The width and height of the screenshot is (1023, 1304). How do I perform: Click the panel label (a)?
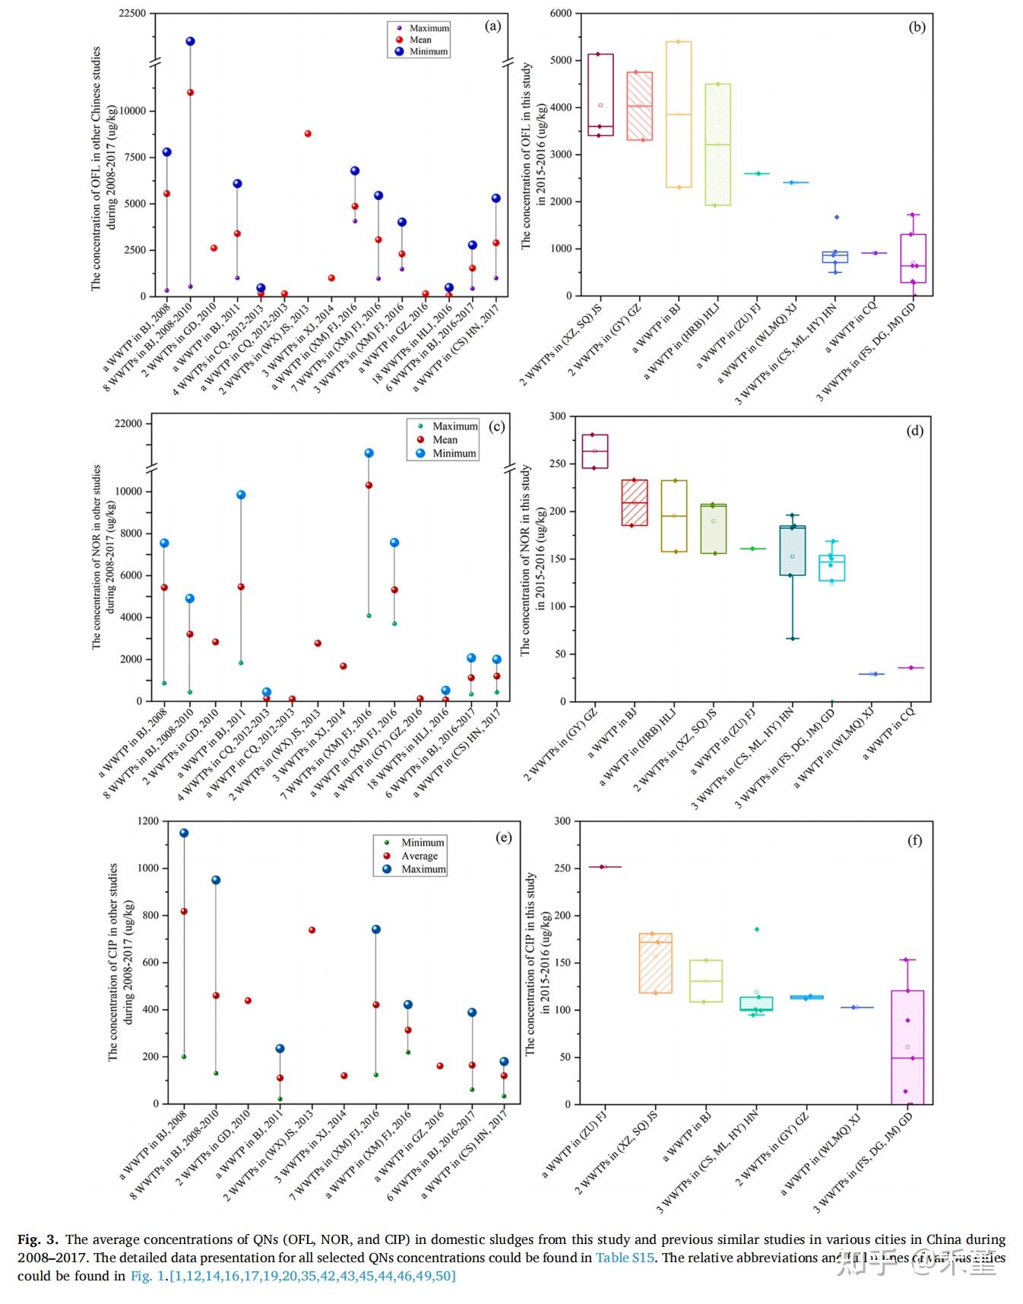point(492,26)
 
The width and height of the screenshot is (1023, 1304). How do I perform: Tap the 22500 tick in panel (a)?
point(132,14)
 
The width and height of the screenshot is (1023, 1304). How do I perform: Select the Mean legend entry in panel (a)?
point(420,40)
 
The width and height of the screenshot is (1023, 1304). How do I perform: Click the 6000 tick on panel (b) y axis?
point(561,14)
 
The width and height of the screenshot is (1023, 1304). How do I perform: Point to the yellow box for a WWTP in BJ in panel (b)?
point(677,114)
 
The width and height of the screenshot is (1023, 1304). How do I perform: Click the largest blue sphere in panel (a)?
point(190,41)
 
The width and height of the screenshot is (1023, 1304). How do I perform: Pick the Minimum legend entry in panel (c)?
point(454,454)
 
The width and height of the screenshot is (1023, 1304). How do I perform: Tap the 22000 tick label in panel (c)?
point(128,423)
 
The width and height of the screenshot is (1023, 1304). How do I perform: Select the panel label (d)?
point(914,431)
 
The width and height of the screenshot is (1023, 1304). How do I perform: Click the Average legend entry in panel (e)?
point(420,856)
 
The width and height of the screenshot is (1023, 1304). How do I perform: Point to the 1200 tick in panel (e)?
point(147,821)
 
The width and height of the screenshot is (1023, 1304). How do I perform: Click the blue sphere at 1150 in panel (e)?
point(184,833)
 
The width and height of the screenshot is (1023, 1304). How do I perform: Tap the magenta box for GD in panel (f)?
point(907,1046)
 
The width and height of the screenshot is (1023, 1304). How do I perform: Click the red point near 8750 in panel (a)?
point(308,134)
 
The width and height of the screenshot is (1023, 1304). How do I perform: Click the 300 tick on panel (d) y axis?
point(559,416)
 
